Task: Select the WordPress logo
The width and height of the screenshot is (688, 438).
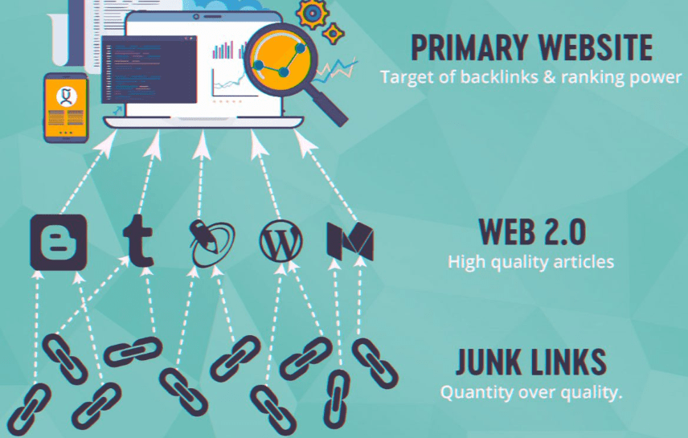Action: click(x=281, y=239)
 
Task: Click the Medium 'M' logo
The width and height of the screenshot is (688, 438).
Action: click(x=350, y=239)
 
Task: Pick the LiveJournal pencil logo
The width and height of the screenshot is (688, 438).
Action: click(x=211, y=240)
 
